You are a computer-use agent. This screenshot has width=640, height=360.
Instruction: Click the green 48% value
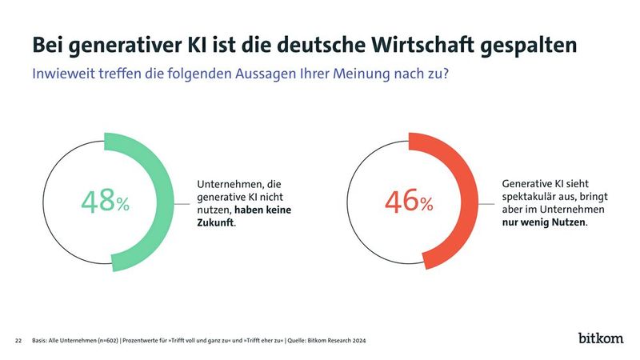[105, 202]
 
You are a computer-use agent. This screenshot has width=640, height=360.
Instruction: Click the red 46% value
[409, 202]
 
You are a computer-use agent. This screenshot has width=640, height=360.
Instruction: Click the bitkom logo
[601, 338]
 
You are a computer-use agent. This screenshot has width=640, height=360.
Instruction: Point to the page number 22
[18, 341]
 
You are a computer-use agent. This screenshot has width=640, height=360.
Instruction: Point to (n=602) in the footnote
[106, 341]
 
